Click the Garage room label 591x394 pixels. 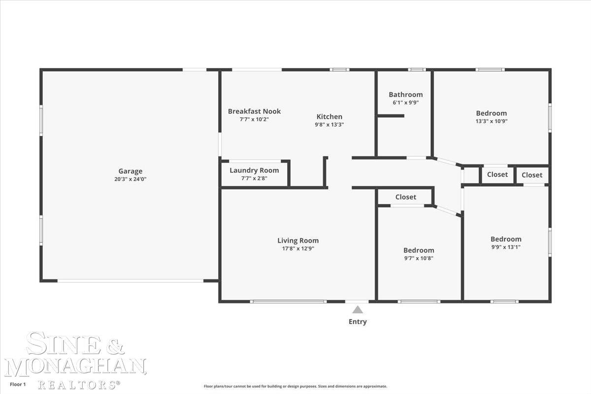coord(131,171)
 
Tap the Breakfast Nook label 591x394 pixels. coord(254,111)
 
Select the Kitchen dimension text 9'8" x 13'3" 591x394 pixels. coord(329,125)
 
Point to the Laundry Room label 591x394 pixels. coord(254,170)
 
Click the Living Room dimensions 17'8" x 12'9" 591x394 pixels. coord(298,249)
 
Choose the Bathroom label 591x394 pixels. coord(406,95)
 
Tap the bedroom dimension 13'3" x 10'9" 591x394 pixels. coord(492,121)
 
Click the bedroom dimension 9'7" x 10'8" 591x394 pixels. coord(419,259)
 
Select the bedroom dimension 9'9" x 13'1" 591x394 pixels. coord(506,247)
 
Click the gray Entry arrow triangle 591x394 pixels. coord(358,310)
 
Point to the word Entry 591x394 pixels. coord(358,322)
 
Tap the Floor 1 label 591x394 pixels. coord(18,384)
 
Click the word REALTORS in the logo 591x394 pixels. coord(77,385)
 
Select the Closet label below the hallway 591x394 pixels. coord(406,197)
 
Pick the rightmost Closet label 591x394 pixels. coord(532,175)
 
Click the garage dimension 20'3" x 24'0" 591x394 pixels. coord(131,179)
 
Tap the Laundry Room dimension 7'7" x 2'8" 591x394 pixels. coord(254,178)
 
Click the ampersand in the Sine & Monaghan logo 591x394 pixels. coord(115,345)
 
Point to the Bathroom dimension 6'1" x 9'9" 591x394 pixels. coord(406,102)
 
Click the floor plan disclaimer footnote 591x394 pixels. coord(295,386)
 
